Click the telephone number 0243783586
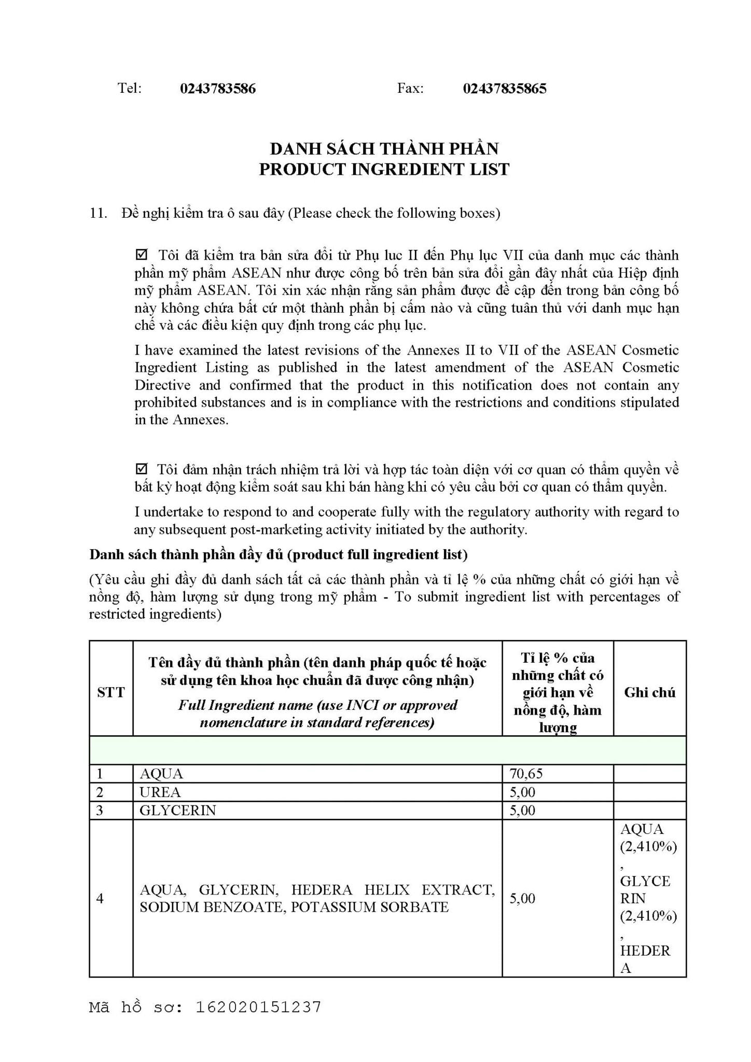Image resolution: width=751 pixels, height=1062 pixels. tap(218, 89)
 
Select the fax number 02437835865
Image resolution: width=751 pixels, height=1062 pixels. tap(504, 89)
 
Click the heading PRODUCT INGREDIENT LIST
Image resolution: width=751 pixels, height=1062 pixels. tap(384, 170)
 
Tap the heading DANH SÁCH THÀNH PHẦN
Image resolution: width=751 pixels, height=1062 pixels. tap(384, 149)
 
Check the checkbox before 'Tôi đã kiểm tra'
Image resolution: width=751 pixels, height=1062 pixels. tap(141, 255)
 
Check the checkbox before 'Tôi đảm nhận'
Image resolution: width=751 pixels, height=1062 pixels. tap(141, 469)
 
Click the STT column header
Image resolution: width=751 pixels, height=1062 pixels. tap(111, 692)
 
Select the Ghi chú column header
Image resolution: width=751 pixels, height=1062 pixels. tap(649, 692)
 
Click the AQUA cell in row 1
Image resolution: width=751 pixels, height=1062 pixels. tap(161, 774)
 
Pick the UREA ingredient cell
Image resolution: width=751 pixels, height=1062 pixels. tap(160, 792)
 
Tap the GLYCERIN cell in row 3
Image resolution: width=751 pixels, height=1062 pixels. tap(177, 810)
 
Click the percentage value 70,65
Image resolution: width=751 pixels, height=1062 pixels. tap(526, 774)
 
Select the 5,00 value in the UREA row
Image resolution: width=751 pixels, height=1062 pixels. tap(522, 792)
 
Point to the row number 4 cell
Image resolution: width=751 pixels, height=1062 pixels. tap(100, 898)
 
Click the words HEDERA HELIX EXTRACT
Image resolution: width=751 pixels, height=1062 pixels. tap(393, 890)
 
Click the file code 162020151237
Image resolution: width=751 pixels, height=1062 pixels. tap(258, 1007)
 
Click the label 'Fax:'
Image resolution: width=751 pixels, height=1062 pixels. tap(410, 89)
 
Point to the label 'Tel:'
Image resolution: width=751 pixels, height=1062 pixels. tap(129, 89)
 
